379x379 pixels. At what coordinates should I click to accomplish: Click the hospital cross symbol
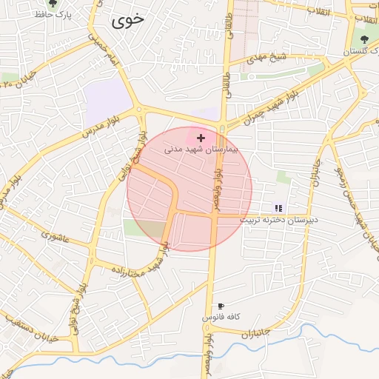(x=201, y=138)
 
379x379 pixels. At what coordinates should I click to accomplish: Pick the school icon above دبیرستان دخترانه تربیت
(x=278, y=208)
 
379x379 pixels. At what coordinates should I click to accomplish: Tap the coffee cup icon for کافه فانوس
(x=221, y=306)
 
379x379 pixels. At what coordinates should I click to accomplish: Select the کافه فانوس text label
(x=220, y=317)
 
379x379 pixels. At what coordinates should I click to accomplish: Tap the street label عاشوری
(x=55, y=238)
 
